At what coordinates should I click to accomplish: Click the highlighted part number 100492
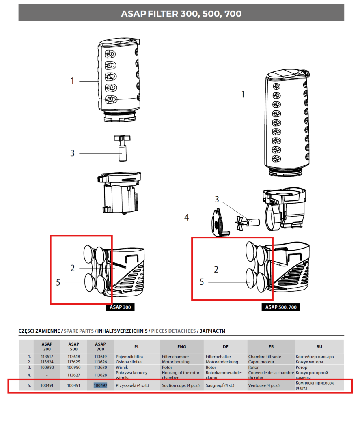click(100, 385)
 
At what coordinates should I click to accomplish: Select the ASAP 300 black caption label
click(121, 307)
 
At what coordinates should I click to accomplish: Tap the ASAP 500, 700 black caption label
click(281, 307)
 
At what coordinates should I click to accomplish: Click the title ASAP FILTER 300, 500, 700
click(181, 14)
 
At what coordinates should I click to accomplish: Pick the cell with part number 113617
click(47, 357)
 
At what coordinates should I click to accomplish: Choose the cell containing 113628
click(100, 375)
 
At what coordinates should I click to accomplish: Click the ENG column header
click(181, 347)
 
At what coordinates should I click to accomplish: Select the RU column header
click(319, 347)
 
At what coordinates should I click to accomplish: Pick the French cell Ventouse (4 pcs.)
click(264, 385)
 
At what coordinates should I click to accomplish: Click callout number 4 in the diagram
click(186, 217)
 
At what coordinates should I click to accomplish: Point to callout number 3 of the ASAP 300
click(72, 153)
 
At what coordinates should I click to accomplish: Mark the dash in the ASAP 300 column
click(47, 375)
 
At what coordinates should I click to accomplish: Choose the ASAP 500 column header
click(73, 347)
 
